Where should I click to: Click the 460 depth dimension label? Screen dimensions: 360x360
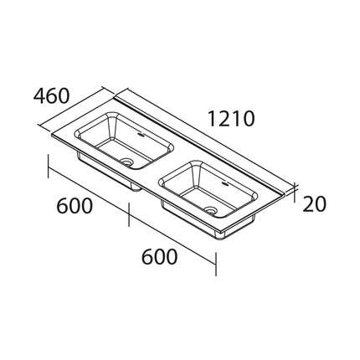click(51, 95)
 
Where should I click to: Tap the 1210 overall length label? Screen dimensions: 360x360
click(231, 119)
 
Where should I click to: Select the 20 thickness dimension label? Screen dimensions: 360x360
click(314, 203)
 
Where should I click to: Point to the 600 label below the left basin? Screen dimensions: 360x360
click(75, 206)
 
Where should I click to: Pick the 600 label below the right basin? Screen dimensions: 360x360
click(159, 257)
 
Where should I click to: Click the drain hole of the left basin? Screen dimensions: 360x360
click(128, 162)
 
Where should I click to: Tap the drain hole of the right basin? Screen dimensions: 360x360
click(211, 209)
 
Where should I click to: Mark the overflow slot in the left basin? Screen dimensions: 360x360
click(141, 136)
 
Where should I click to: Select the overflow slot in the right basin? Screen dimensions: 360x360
click(224, 184)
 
